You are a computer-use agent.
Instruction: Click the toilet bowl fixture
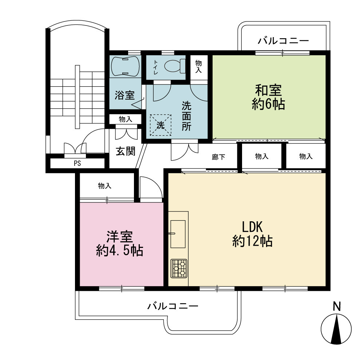click(x=175, y=66)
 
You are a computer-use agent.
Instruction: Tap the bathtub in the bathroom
click(x=125, y=66)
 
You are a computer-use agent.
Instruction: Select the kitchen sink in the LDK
click(x=178, y=234)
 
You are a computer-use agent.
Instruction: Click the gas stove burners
click(x=179, y=268)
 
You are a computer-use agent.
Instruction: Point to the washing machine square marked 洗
click(x=161, y=125)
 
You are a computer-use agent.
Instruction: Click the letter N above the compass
click(x=337, y=306)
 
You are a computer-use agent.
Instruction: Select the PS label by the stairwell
click(x=77, y=163)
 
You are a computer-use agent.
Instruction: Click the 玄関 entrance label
click(x=125, y=151)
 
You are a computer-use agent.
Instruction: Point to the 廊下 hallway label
click(x=218, y=157)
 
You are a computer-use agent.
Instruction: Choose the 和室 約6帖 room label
click(x=268, y=97)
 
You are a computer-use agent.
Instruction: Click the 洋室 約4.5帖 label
click(x=119, y=244)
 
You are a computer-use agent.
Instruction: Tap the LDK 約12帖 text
click(x=252, y=234)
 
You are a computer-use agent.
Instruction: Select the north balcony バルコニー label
click(x=283, y=41)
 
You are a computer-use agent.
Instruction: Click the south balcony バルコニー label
click(x=173, y=306)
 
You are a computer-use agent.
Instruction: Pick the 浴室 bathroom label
click(x=124, y=95)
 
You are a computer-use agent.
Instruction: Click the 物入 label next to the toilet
click(x=198, y=67)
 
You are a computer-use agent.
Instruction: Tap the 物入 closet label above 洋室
click(x=105, y=186)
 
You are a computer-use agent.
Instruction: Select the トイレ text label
click(x=155, y=67)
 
